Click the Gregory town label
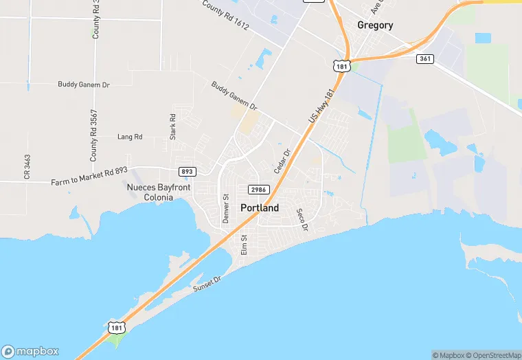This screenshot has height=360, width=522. pyautogui.click(x=375, y=25)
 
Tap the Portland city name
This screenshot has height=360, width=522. pyautogui.click(x=260, y=207)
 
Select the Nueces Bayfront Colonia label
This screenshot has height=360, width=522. pyautogui.click(x=159, y=192)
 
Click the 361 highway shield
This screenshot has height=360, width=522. pyautogui.click(x=424, y=59)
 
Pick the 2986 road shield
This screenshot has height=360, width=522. pyautogui.click(x=258, y=189)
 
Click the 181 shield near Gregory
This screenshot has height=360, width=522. pyautogui.click(x=341, y=65)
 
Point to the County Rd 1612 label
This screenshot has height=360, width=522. pyautogui.click(x=226, y=14)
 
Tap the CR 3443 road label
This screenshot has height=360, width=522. pyautogui.click(x=27, y=167)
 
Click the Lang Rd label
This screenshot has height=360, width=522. pyautogui.click(x=130, y=137)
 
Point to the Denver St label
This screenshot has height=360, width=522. pyautogui.click(x=225, y=207)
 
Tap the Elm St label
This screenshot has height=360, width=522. pyautogui.click(x=243, y=245)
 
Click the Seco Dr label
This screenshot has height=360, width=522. pyautogui.click(x=302, y=219)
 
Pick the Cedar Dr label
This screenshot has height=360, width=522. pyautogui.click(x=282, y=161)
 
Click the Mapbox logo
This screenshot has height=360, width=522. pyautogui.click(x=31, y=350)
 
